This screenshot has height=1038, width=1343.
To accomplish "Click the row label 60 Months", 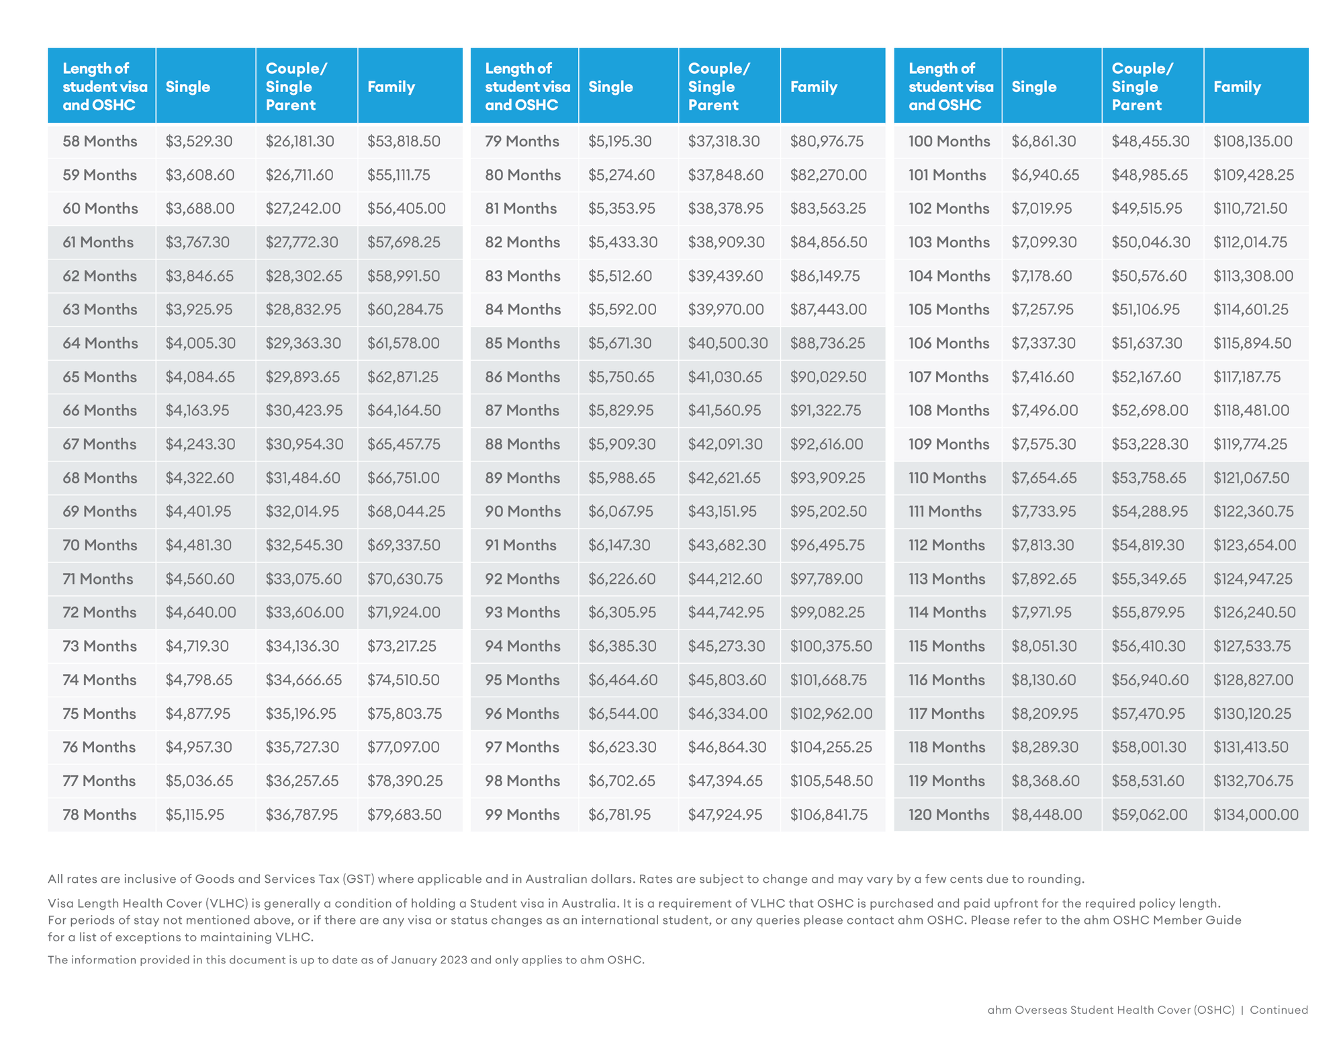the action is pyautogui.click(x=100, y=208).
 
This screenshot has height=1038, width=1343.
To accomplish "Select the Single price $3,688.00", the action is pyautogui.click(x=200, y=208).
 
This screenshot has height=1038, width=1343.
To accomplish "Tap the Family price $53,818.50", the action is pyautogui.click(x=404, y=141).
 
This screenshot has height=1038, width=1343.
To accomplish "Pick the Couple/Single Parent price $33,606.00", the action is pyautogui.click(x=305, y=612).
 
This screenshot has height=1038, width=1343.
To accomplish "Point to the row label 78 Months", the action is pyautogui.click(x=99, y=814).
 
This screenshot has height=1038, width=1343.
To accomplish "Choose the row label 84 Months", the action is pyautogui.click(x=523, y=309).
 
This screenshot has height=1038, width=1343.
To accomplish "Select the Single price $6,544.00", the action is pyautogui.click(x=623, y=713).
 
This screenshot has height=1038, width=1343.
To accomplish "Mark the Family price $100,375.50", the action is pyautogui.click(x=831, y=646).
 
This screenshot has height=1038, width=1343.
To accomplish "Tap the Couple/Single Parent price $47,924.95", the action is pyautogui.click(x=725, y=814).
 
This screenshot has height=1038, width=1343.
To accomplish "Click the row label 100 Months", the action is pyautogui.click(x=949, y=141).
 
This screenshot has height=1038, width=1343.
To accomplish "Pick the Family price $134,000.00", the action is pyautogui.click(x=1256, y=814).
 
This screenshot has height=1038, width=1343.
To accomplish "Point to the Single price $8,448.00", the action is pyautogui.click(x=1047, y=814).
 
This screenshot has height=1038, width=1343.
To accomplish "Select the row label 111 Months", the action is pyautogui.click(x=945, y=511).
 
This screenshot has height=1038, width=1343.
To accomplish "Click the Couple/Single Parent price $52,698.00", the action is pyautogui.click(x=1150, y=410).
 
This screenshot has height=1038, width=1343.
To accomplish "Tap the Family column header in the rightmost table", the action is pyautogui.click(x=1237, y=87).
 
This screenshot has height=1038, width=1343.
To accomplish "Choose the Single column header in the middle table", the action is pyautogui.click(x=610, y=87).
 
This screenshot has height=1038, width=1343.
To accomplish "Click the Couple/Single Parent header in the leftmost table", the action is pyautogui.click(x=297, y=87).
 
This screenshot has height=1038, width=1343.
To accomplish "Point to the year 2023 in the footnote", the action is pyautogui.click(x=454, y=959).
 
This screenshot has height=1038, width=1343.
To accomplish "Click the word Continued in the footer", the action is pyautogui.click(x=1279, y=1010).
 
